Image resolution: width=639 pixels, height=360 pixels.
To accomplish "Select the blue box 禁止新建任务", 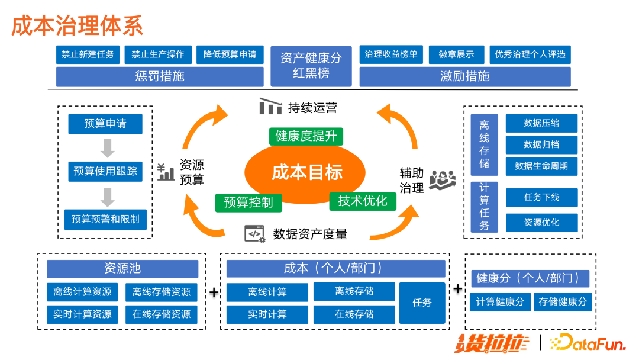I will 88,54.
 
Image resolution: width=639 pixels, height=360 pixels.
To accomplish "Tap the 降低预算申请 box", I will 230,54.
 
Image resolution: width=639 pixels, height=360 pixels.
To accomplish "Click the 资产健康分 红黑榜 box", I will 311,66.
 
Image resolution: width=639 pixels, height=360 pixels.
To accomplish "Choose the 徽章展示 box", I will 456,54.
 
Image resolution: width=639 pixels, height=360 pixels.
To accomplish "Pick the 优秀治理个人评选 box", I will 530,54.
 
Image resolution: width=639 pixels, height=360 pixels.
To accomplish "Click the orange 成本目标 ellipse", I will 307,172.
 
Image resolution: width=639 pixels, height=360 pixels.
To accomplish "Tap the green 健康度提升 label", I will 306,136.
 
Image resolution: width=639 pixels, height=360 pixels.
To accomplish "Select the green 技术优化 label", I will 362,201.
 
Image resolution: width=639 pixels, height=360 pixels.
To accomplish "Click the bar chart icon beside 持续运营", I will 270,107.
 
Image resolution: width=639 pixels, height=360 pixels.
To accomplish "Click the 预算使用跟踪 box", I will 105,171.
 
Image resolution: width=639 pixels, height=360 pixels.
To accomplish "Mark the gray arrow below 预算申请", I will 107,147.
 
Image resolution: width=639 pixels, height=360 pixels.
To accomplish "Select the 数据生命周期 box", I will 541,166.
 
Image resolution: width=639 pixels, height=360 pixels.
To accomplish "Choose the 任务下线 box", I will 541,197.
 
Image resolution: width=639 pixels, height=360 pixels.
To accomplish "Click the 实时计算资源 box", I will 82,314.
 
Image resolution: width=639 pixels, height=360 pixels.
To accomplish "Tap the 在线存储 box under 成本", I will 354,314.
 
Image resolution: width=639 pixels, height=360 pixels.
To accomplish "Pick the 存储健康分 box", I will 563,302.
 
